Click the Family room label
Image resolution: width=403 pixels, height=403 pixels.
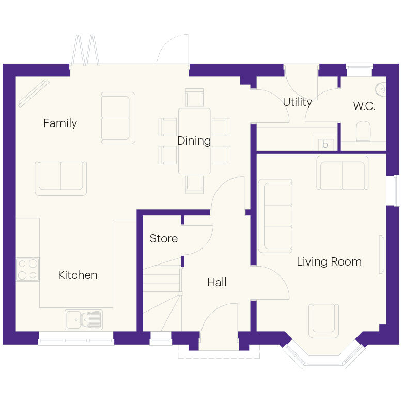(60, 123)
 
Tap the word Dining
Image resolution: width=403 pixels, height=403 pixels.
(194, 141)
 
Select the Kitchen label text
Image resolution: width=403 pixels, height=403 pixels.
(78, 275)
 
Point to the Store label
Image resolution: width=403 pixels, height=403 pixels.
(163, 238)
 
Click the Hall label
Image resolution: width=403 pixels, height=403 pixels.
(216, 282)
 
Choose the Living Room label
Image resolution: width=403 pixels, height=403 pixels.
(329, 261)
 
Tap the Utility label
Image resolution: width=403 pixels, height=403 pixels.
(297, 102)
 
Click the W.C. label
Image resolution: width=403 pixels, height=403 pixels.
(364, 106)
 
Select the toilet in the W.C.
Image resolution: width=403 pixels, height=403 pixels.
(364, 132)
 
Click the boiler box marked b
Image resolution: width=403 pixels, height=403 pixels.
(325, 144)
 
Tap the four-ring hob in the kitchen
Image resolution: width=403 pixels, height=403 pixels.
(28, 269)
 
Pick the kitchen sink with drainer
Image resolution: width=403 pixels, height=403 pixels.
(84, 319)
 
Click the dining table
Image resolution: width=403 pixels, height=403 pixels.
(194, 141)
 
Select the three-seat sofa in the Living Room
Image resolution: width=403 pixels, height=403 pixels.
(275, 216)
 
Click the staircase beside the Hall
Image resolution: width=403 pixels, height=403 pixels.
(161, 295)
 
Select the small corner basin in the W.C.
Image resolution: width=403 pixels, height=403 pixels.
(381, 89)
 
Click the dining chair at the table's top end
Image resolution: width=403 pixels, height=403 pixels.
(194, 98)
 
